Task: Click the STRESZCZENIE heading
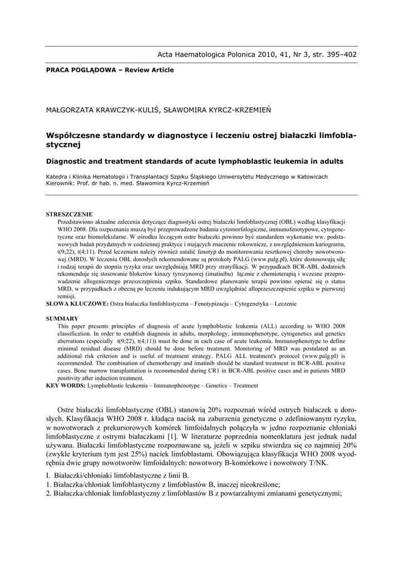69,214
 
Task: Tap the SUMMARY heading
62,318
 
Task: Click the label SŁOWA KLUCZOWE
77,304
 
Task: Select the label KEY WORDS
66,385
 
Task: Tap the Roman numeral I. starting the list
48,474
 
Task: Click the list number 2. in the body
49,493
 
